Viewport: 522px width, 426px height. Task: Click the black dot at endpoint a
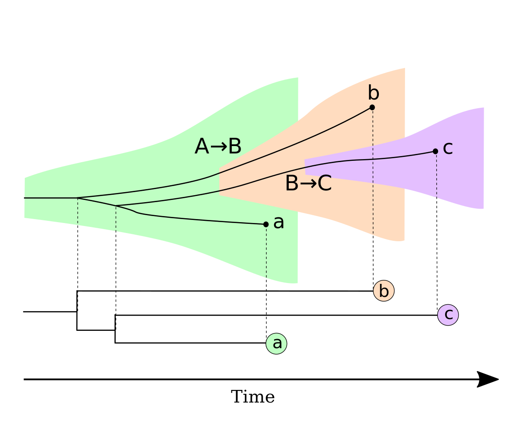[266, 224]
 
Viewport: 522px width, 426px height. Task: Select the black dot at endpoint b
[372, 107]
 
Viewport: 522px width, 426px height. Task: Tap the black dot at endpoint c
[435, 151]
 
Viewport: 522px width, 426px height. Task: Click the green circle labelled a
[277, 343]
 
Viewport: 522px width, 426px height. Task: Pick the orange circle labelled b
[384, 291]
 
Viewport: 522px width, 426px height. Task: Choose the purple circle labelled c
[448, 314]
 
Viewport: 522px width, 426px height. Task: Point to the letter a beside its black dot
[278, 223]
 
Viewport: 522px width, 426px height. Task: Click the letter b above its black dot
[373, 93]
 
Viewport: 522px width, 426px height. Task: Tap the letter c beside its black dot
[448, 148]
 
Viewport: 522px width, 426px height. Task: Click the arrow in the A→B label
[218, 147]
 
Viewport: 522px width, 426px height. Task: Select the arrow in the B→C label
[308, 184]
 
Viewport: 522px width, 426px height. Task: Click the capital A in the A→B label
[201, 147]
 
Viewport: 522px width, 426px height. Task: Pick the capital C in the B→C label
[325, 184]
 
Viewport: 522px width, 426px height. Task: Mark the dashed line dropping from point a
[266, 252]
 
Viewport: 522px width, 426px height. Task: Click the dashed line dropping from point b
[373, 174]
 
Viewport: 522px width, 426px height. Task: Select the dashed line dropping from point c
[437, 176]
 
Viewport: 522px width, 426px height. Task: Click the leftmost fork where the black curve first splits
[77, 198]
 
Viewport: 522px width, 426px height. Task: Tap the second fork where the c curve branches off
[116, 206]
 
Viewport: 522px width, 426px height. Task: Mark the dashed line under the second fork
[116, 219]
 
